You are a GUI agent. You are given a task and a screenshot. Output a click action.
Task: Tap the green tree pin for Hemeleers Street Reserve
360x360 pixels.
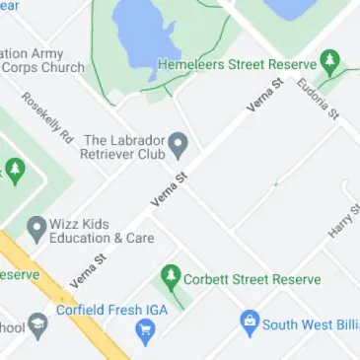[332, 60]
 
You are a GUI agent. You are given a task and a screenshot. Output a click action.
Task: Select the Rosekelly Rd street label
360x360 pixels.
[47, 116]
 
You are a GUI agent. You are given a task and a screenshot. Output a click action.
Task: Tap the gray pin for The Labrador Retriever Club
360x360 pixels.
[178, 146]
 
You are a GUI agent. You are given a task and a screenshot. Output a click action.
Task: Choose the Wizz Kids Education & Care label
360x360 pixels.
[102, 231]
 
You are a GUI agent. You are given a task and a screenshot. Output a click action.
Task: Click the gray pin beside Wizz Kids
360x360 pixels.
[36, 229]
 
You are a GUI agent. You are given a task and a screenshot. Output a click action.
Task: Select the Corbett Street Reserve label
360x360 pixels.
[252, 279]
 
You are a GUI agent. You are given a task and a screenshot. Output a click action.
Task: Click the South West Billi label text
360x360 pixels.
[309, 324]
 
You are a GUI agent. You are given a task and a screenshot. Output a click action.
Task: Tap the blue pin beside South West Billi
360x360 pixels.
[250, 322]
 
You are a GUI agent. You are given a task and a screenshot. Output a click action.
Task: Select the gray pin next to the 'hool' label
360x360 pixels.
[37, 324]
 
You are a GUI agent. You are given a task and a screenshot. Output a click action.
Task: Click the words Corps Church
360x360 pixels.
[44, 67]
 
